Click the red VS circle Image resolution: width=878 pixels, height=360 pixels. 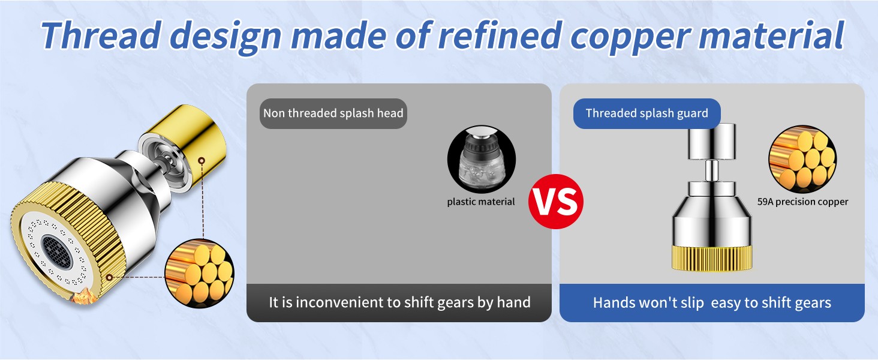(556, 202)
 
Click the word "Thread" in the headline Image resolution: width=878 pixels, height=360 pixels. (101, 35)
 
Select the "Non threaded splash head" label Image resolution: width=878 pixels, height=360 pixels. (333, 113)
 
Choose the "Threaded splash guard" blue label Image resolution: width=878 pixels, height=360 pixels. (647, 113)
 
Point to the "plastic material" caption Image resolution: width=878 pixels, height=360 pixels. (481, 202)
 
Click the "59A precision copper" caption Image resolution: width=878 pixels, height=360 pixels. (802, 202)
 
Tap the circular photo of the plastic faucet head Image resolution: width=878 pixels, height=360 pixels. (482, 159)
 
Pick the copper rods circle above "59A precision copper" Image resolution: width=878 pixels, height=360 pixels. (802, 159)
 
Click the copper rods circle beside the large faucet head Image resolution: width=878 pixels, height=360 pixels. (200, 274)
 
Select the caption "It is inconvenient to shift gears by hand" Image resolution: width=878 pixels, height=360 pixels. (399, 302)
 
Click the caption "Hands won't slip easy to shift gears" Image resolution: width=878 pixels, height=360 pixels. (712, 303)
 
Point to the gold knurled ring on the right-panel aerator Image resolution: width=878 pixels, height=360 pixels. (712, 258)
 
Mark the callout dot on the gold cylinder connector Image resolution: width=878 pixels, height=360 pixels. (202, 160)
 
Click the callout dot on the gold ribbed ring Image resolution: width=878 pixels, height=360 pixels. (109, 277)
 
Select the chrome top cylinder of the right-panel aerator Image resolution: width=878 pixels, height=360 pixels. (712, 142)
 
